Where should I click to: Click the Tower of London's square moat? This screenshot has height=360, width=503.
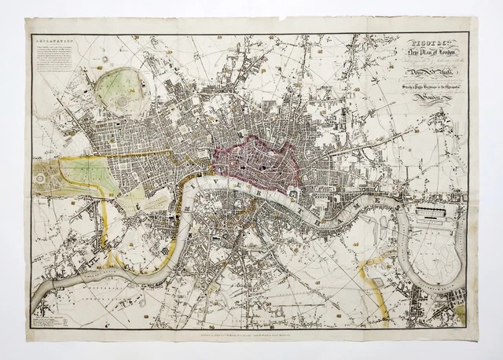pyautogui.click(x=292, y=191)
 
